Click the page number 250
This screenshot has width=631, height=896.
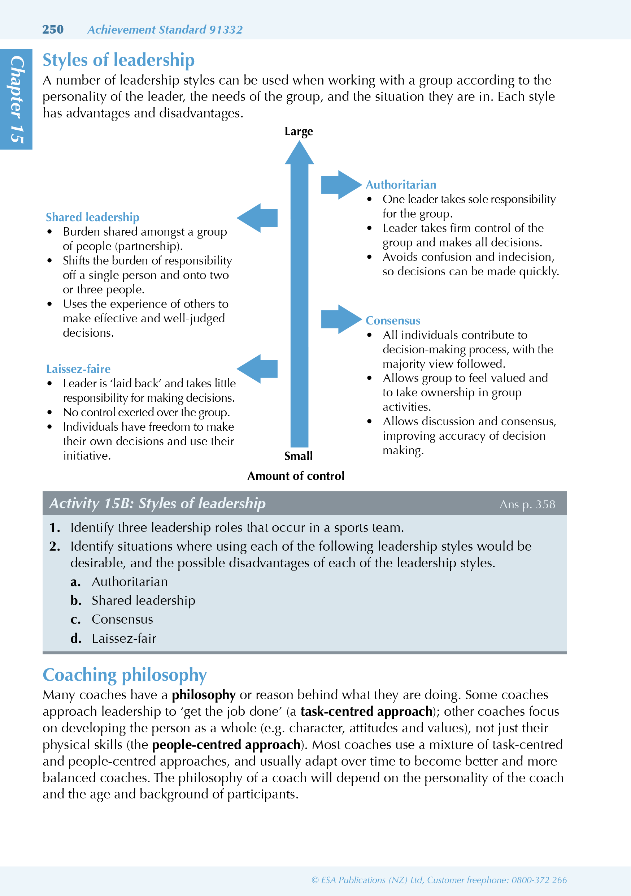(53, 29)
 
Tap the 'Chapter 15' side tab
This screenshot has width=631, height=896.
(16, 99)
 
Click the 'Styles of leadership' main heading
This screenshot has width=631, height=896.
(118, 60)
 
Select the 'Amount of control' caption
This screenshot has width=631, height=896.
(296, 476)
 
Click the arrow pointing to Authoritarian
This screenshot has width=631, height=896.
(340, 185)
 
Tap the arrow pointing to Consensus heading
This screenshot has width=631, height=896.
(340, 319)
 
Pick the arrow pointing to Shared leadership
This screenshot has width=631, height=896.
(258, 218)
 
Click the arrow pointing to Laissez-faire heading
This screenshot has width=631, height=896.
(258, 369)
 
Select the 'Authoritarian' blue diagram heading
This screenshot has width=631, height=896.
(401, 185)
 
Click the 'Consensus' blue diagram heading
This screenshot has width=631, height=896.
(393, 320)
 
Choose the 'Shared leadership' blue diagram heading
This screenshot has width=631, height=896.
(92, 217)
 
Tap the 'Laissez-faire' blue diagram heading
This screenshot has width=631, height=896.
(78, 369)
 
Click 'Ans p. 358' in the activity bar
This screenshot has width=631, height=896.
(527, 504)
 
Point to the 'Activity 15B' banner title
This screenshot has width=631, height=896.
(157, 503)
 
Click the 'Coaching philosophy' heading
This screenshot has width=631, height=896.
(125, 675)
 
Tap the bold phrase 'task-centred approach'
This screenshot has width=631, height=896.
(366, 711)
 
